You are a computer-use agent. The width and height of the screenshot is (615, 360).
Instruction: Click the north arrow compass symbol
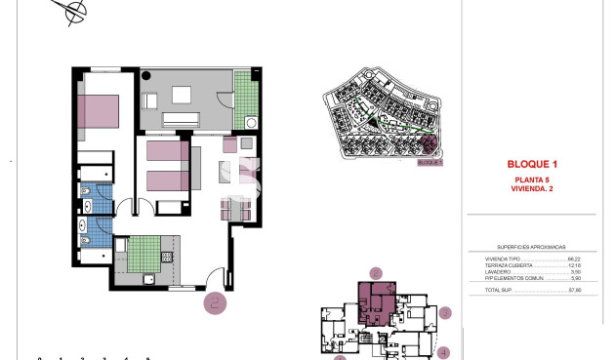coord(73,13)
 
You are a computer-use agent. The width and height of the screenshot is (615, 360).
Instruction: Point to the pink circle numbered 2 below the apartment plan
coord(216,301)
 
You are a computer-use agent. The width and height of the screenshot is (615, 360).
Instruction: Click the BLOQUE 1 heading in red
coord(532,163)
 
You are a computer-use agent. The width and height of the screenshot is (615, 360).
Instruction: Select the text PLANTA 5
coord(532,180)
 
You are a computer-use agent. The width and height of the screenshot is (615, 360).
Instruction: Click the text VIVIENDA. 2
coord(532,188)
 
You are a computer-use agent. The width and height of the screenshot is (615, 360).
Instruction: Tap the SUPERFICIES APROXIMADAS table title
coord(531,248)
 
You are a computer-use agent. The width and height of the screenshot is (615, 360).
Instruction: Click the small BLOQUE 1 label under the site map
coord(430,163)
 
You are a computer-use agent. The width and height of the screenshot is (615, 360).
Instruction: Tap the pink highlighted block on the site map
coord(428,145)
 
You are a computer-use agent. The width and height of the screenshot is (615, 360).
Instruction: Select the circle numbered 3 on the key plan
coord(444,313)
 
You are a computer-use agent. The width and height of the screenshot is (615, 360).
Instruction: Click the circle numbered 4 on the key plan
coord(442,352)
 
